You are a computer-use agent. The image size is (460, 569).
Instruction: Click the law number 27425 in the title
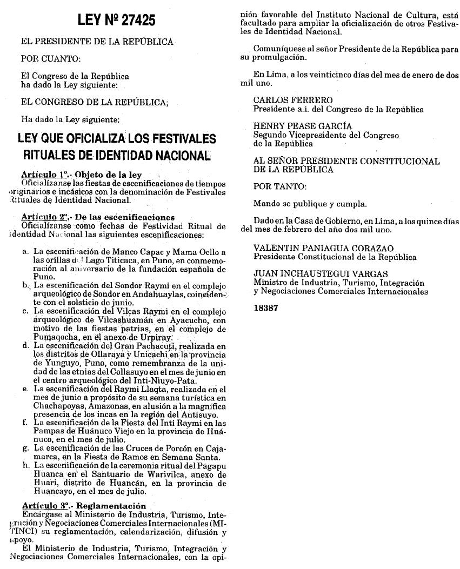(x=137, y=21)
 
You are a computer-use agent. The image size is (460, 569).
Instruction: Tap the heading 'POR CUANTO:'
(x=50, y=58)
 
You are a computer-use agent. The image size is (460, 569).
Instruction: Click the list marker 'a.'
(x=25, y=251)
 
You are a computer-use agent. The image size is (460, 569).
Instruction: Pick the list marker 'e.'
(x=25, y=389)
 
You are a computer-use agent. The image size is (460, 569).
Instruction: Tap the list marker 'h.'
(x=25, y=464)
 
